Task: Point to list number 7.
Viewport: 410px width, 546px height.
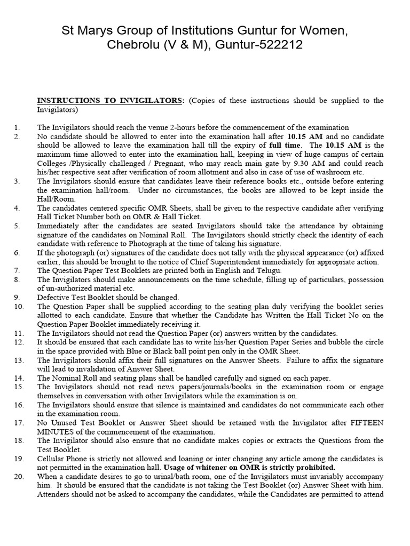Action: (17, 271)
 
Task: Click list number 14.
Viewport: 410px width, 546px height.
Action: (19, 378)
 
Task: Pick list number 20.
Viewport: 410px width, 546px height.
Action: (19, 476)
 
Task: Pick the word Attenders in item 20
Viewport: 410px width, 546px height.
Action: (54, 494)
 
